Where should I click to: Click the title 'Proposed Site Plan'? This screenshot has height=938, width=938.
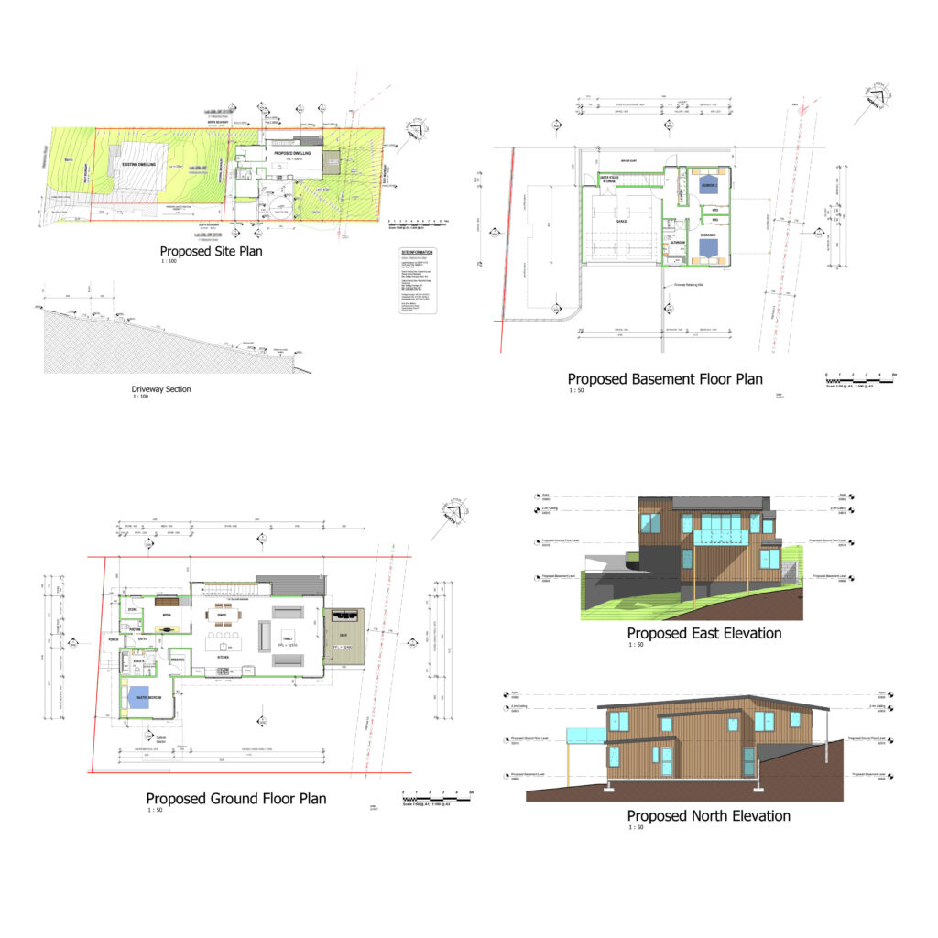211,251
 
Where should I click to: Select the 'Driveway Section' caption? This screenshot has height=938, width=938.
161,389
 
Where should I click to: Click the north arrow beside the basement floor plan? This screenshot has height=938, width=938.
873,102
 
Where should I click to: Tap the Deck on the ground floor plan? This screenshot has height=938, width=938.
344,635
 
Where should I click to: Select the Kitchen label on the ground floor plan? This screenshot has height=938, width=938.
223,657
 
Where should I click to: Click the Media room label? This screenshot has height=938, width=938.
168,616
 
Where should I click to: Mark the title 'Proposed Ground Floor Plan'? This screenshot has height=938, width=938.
235,799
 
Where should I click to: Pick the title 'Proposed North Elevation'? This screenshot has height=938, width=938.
708,815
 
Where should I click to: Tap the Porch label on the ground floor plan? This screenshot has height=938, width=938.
114,639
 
